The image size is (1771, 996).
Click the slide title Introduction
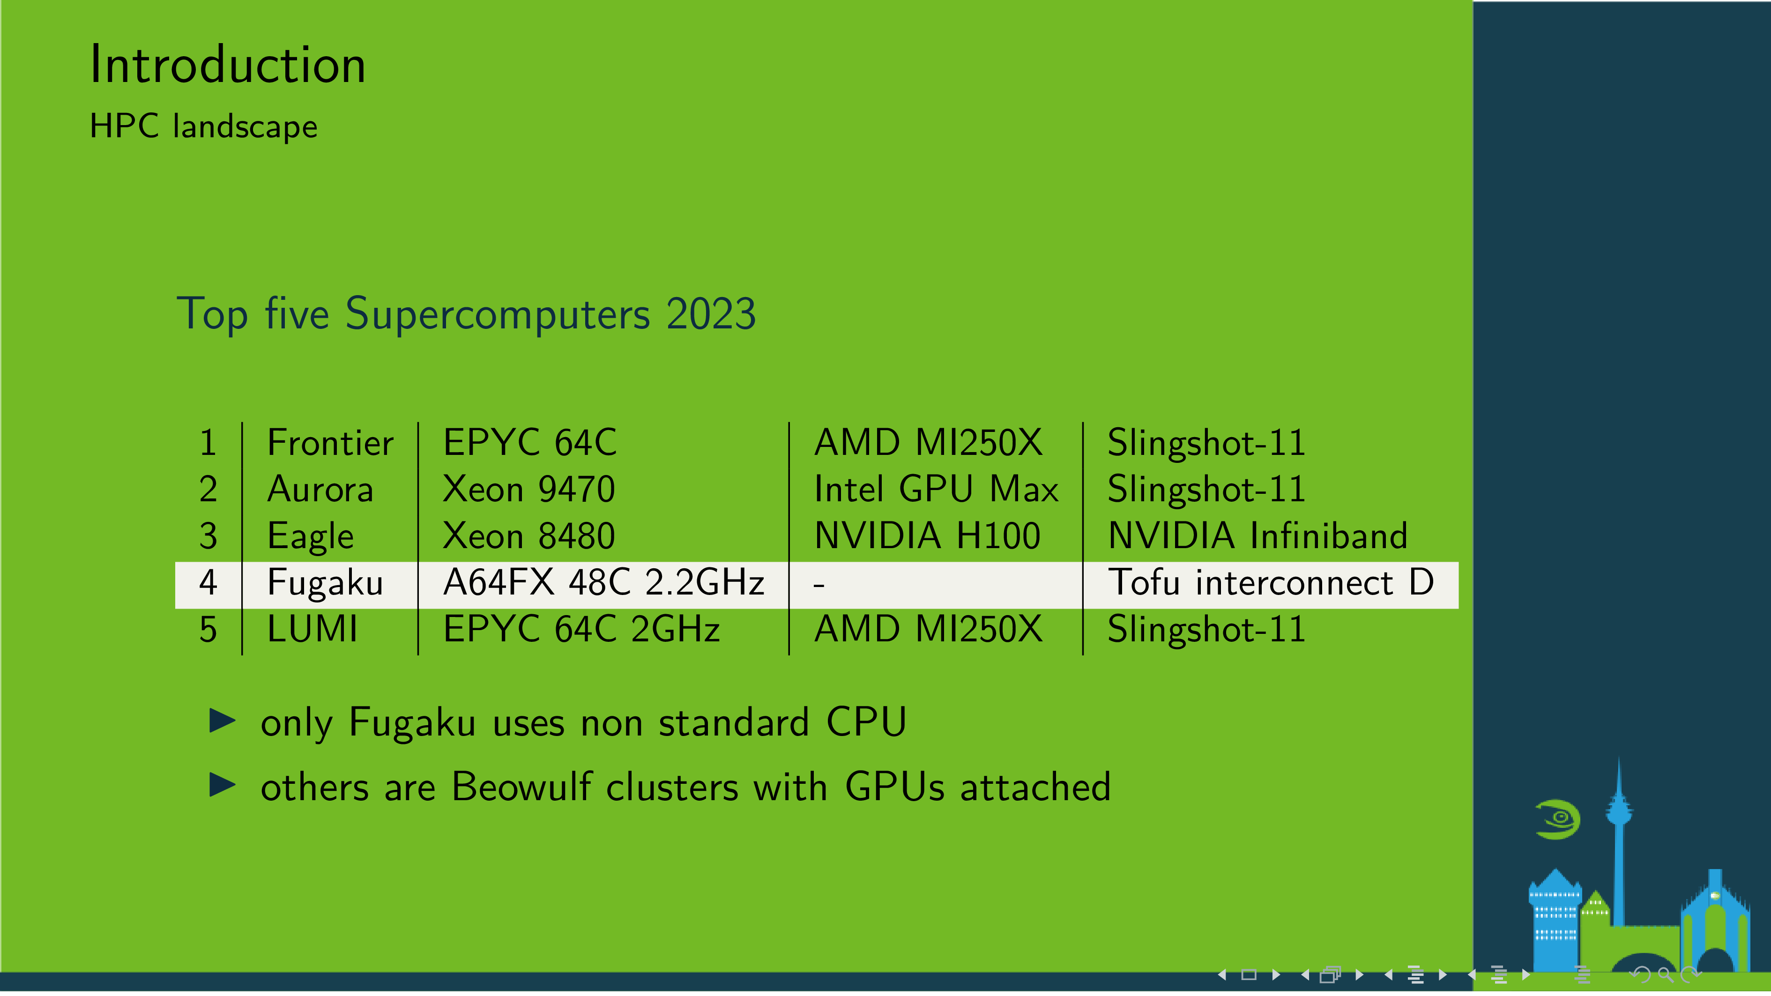tap(228, 65)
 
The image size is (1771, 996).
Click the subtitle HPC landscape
tap(203, 126)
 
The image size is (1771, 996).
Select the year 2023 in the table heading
tap(711, 314)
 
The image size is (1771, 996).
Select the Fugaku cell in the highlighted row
tap(325, 583)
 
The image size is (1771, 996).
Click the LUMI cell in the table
tap(312, 629)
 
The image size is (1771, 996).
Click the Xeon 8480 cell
tap(528, 535)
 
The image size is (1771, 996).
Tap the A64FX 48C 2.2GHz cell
tap(603, 582)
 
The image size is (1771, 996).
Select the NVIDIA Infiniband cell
tap(1258, 535)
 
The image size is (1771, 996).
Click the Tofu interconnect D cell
tap(1271, 582)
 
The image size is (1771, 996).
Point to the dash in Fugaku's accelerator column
tap(819, 586)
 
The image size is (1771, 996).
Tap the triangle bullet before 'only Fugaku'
tap(222, 721)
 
